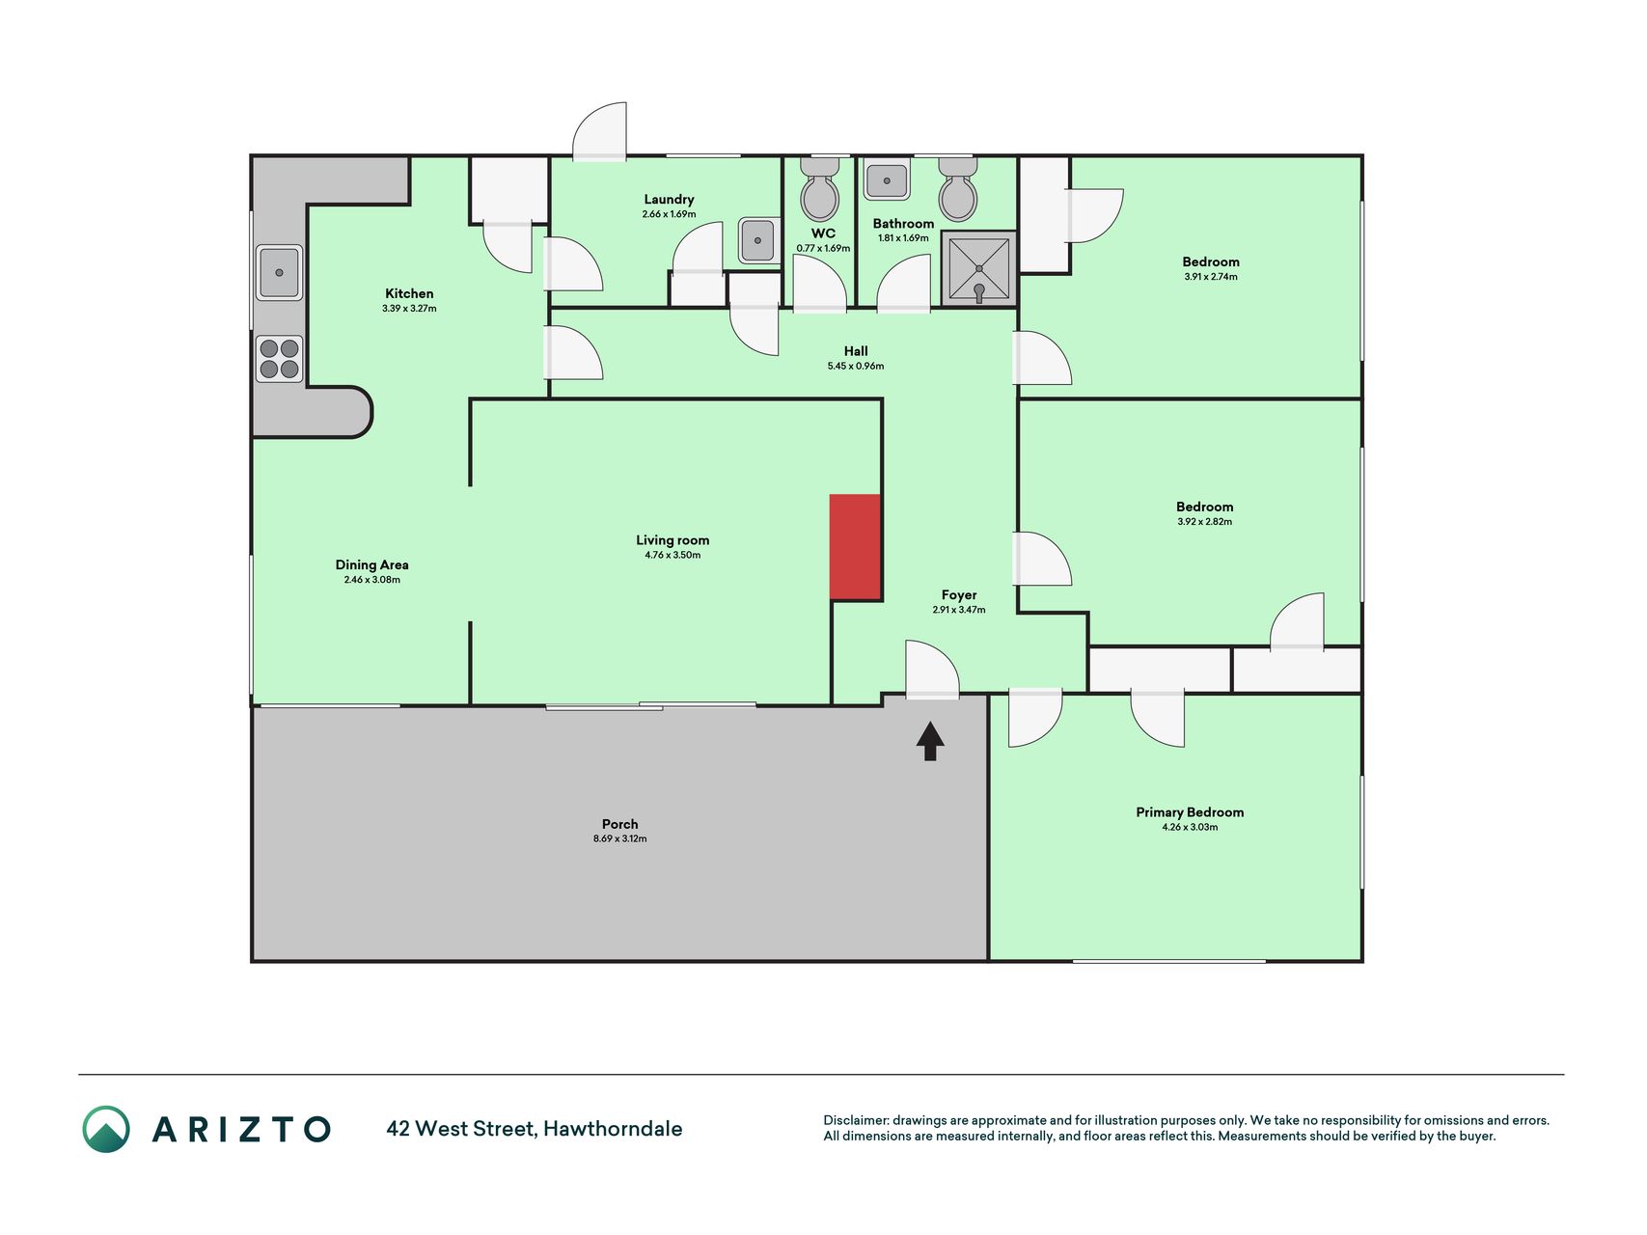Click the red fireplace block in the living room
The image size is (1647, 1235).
pos(856,547)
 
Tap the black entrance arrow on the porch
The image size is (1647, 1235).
pos(930,741)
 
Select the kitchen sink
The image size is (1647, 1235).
pos(279,273)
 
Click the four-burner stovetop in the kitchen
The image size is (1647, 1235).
pos(279,359)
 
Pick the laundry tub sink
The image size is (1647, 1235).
pos(758,240)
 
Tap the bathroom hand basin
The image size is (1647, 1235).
pos(887,180)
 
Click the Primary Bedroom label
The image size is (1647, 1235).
pos(1190,812)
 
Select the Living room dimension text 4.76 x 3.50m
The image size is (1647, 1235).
pos(673,555)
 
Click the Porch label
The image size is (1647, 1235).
pos(620,824)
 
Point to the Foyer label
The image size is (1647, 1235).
pos(959,595)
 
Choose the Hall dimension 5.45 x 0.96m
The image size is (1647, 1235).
pos(856,366)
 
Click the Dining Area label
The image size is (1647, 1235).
pos(371,565)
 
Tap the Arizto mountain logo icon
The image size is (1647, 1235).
pos(106,1129)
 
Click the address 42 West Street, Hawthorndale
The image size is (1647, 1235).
pos(535,1129)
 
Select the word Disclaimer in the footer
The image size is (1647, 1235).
pos(856,1120)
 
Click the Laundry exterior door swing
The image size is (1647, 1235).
pos(599,131)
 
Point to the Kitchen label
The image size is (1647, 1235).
pos(409,293)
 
